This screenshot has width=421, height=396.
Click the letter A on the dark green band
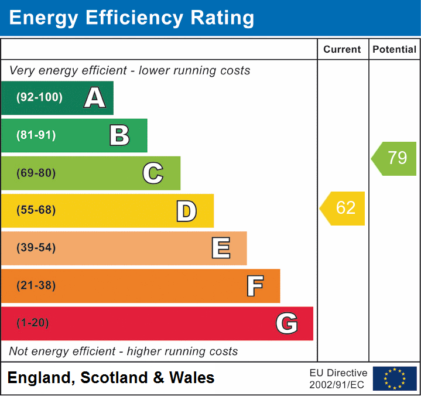pyautogui.click(x=94, y=98)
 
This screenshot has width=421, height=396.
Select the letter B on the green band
pyautogui.click(x=119, y=135)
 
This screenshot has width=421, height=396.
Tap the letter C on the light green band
pyautogui.click(x=153, y=173)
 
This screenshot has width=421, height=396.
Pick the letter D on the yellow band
pyautogui.click(x=186, y=211)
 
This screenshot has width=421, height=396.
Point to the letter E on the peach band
pyautogui.click(x=220, y=248)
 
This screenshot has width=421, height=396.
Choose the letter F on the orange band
pyautogui.click(x=254, y=286)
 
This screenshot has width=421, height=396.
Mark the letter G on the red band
pyautogui.click(x=286, y=323)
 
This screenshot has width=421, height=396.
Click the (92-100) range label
pyautogui.click(x=40, y=98)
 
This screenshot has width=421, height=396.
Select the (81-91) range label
pyautogui.click(x=36, y=135)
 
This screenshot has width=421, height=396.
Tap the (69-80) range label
pyautogui.click(x=36, y=173)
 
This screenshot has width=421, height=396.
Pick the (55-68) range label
pyautogui.click(x=36, y=210)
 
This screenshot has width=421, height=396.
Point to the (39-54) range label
pyautogui.click(x=36, y=248)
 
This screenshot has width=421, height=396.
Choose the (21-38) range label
pyautogui.click(x=36, y=286)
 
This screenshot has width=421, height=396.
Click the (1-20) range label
pyautogui.click(x=33, y=323)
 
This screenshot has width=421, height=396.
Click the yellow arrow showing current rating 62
pyautogui.click(x=343, y=208)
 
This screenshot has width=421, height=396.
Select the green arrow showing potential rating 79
pyautogui.click(x=395, y=158)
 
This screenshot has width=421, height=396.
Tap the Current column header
pyautogui.click(x=343, y=50)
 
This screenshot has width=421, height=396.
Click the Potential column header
pyautogui.click(x=395, y=50)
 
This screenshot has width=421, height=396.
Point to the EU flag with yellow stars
pyautogui.click(x=395, y=378)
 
